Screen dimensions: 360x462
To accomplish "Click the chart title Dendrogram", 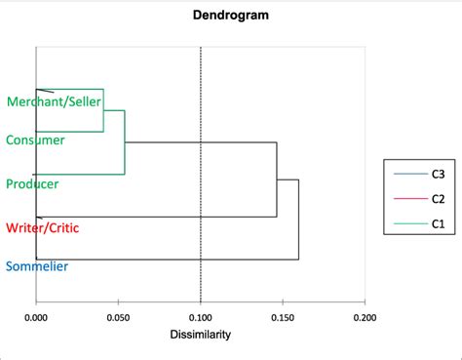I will tap(231, 16).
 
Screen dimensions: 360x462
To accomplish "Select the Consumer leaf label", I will tap(35, 140).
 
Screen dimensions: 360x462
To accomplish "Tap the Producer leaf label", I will tap(33, 183).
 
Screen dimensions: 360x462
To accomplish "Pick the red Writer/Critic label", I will tap(43, 227).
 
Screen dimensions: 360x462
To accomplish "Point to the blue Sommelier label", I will tap(37, 265).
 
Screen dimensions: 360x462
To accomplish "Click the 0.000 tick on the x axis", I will tap(36, 317).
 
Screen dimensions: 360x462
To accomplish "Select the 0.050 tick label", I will tap(118, 317).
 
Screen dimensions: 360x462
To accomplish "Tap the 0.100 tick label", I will tap(200, 317).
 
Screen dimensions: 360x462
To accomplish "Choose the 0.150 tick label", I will tap(283, 317).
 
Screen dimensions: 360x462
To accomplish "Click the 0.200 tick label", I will tap(365, 317).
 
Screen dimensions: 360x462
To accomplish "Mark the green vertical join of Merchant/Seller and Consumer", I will tap(103, 110).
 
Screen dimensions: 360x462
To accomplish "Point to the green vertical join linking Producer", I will tap(125, 142).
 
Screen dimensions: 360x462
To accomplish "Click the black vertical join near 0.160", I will tap(298, 220).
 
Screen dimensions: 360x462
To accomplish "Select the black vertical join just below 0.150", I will tap(277, 180).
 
